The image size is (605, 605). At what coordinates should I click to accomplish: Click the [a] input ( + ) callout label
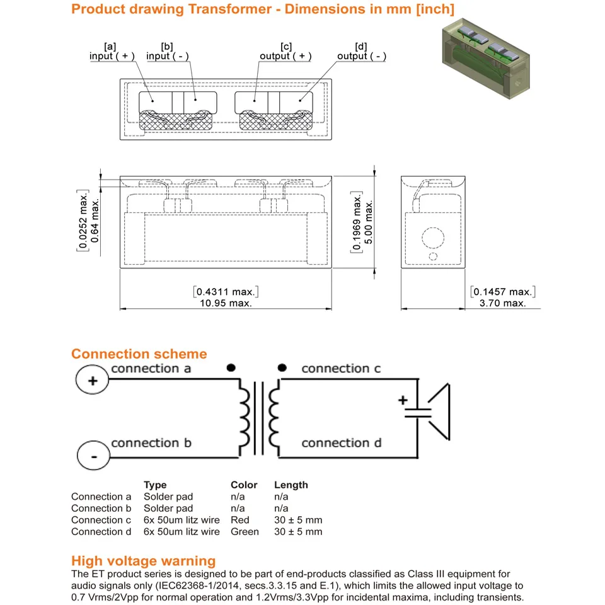click(x=112, y=52)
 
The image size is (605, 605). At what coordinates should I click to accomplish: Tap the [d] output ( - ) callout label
click(x=362, y=52)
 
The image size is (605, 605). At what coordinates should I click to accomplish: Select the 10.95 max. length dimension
click(x=226, y=303)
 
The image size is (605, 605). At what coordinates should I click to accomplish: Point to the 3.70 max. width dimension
click(x=502, y=303)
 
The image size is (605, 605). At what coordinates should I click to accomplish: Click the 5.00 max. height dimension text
click(x=369, y=222)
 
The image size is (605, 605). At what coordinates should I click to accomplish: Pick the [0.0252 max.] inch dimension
click(x=83, y=221)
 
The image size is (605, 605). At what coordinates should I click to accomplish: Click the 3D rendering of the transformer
click(x=486, y=58)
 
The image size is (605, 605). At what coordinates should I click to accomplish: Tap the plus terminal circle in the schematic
click(x=92, y=379)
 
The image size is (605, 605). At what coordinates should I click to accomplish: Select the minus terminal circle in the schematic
click(x=94, y=455)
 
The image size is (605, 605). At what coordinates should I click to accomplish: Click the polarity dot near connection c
click(x=282, y=367)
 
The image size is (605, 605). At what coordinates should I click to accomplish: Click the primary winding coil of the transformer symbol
click(x=245, y=418)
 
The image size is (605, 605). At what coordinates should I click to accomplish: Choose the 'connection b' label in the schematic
click(x=151, y=442)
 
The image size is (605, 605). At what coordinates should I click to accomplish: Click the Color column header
click(x=244, y=485)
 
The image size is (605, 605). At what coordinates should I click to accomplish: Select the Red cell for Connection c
click(x=240, y=520)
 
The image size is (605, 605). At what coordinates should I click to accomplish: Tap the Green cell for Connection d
click(x=245, y=531)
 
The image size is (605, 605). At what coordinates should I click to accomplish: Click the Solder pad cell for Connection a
click(x=168, y=497)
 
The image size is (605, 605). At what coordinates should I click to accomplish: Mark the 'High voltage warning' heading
click(x=144, y=561)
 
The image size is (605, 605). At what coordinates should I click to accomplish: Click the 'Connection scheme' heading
click(x=139, y=354)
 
